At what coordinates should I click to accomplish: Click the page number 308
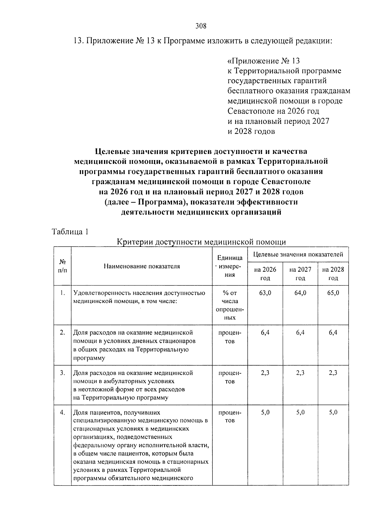click(x=201, y=26)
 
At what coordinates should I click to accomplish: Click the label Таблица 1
click(x=70, y=232)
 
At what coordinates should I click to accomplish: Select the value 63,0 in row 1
click(x=265, y=293)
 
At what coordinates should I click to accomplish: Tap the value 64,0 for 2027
click(x=300, y=293)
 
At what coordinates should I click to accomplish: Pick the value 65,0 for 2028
click(x=333, y=293)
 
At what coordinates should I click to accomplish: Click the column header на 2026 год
click(x=265, y=274)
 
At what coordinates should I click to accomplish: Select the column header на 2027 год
click(x=300, y=274)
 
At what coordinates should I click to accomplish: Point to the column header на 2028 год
click(x=333, y=274)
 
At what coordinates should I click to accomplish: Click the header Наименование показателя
click(x=142, y=266)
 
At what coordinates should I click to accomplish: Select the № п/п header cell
click(x=63, y=266)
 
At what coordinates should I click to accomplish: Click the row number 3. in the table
click(x=63, y=373)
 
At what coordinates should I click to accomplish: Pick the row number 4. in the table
click(x=63, y=412)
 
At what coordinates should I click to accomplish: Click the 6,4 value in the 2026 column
click(x=265, y=333)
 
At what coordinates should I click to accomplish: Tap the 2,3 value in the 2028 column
click(x=333, y=373)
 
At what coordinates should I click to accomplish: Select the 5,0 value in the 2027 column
click(x=300, y=412)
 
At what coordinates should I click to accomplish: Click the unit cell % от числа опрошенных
click(x=230, y=305)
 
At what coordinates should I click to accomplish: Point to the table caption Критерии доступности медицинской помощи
click(x=202, y=242)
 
